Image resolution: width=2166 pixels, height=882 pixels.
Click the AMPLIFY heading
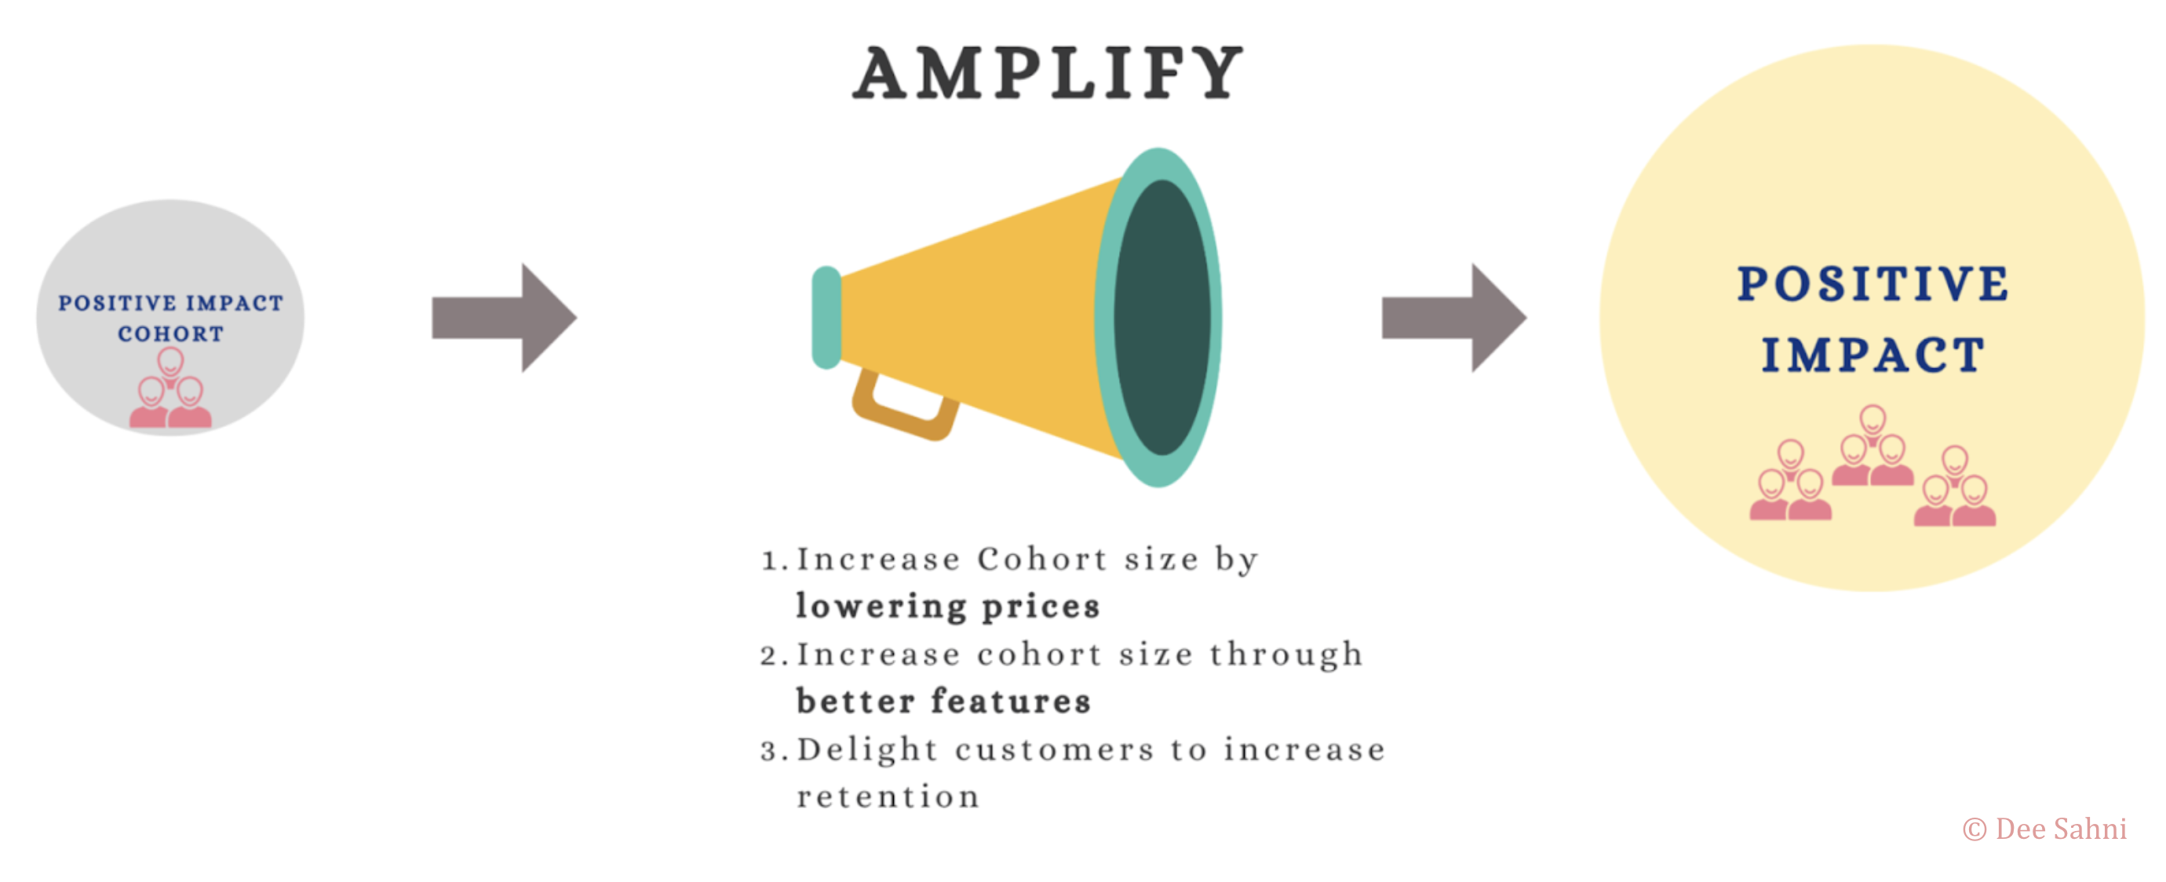click(1048, 73)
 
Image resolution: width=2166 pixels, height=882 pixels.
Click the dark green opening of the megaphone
click(1163, 318)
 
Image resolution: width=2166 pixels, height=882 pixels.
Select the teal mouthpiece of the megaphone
click(826, 317)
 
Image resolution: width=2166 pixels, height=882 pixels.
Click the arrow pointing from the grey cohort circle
click(505, 318)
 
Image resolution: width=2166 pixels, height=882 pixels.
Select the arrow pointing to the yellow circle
click(1453, 318)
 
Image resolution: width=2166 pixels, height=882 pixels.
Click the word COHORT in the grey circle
click(171, 333)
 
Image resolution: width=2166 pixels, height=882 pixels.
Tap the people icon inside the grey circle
click(171, 388)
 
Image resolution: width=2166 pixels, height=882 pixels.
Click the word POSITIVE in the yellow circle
click(1873, 283)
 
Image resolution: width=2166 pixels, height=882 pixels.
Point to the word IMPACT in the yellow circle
click(1873, 354)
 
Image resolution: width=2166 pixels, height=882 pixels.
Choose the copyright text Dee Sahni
click(2045, 829)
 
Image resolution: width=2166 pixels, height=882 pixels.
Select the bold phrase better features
click(943, 702)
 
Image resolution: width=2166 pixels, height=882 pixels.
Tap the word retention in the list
click(888, 796)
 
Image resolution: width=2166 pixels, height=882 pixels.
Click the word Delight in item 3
click(867, 749)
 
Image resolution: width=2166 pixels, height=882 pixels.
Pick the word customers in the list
click(1055, 749)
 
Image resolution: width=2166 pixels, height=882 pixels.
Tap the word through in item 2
click(1285, 655)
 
